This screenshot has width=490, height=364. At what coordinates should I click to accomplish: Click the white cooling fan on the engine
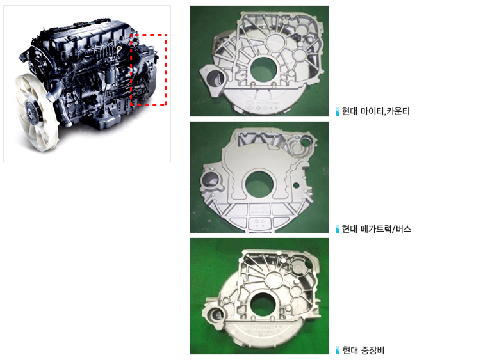coord(36,111)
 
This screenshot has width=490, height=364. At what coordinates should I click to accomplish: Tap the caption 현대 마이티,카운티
coord(375,111)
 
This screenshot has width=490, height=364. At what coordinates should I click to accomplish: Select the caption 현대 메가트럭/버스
coord(376,229)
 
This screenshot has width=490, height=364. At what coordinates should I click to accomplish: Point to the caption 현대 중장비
coord(363,351)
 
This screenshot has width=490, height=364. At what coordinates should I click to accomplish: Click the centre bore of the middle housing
coord(259,184)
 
